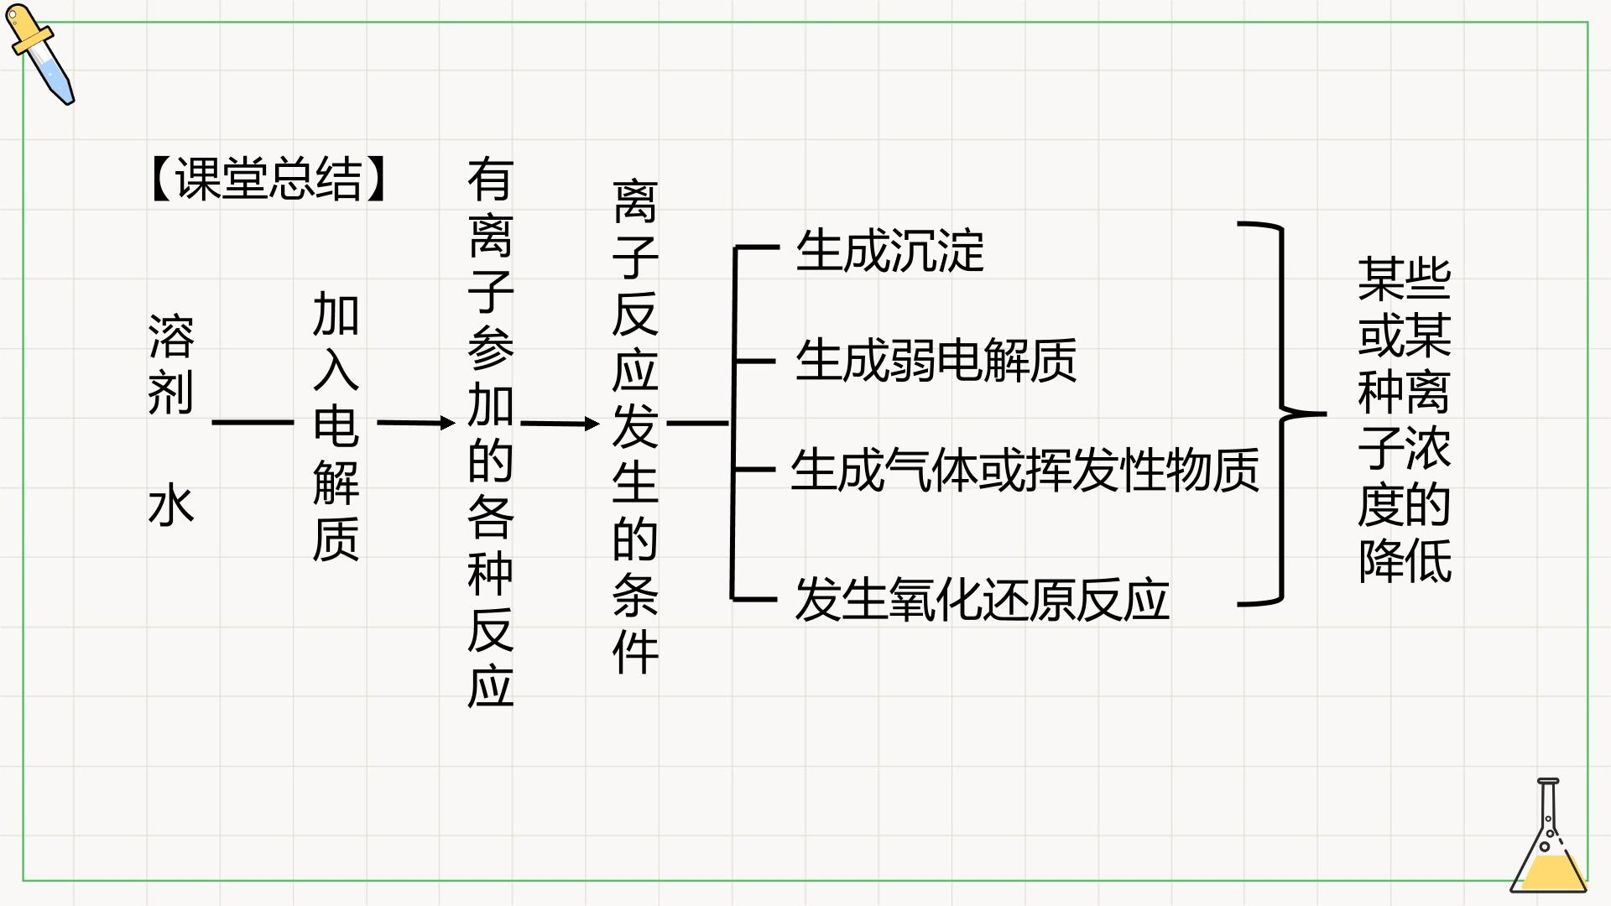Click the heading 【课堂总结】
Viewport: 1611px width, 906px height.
click(x=268, y=179)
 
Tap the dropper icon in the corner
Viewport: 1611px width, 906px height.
click(x=40, y=55)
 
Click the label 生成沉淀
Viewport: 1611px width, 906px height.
click(x=889, y=250)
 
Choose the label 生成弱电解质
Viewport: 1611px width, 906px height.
click(x=936, y=360)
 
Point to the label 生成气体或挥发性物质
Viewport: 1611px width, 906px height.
click(x=1024, y=469)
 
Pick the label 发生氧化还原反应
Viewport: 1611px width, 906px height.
click(x=982, y=600)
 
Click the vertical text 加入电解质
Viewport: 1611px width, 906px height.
click(x=336, y=426)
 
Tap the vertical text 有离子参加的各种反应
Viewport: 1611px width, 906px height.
click(x=491, y=432)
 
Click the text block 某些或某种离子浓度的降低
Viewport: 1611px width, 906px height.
click(x=1405, y=420)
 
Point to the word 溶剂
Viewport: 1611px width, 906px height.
click(x=171, y=364)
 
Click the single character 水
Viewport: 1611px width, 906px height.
click(x=171, y=504)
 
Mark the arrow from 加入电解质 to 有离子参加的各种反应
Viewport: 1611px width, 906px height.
click(x=416, y=423)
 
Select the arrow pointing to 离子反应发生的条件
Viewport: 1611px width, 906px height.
click(x=560, y=424)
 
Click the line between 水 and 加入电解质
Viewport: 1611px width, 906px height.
click(x=253, y=423)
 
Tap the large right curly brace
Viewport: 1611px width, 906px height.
click(x=1281, y=414)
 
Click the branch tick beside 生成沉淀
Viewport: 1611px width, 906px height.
click(x=756, y=248)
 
